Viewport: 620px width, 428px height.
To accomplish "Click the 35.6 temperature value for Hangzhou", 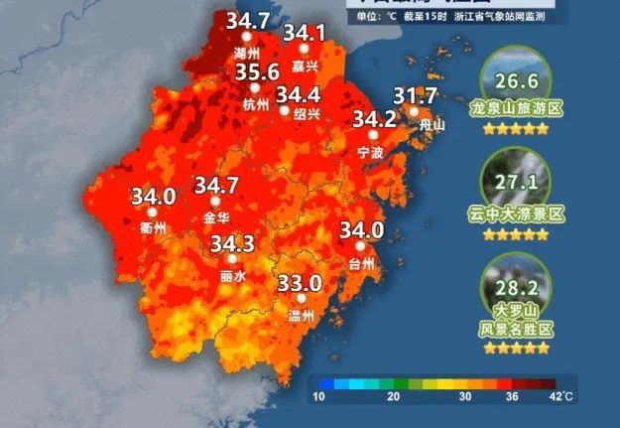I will [257, 71].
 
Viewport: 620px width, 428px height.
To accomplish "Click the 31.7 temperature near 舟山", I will [415, 96].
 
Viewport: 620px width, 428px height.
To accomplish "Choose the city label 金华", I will [215, 216].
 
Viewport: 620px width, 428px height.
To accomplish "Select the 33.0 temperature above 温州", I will [300, 283].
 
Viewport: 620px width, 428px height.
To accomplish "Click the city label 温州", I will [300, 316].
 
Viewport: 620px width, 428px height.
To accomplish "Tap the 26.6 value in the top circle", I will [514, 80].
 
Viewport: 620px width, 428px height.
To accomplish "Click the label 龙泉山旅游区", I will [515, 110].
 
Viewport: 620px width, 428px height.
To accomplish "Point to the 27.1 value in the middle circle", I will [514, 183].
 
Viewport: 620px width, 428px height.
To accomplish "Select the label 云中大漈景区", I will [516, 214].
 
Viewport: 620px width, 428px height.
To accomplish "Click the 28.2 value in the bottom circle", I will [514, 288].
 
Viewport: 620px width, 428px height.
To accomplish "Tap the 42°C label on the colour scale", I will [561, 397].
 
